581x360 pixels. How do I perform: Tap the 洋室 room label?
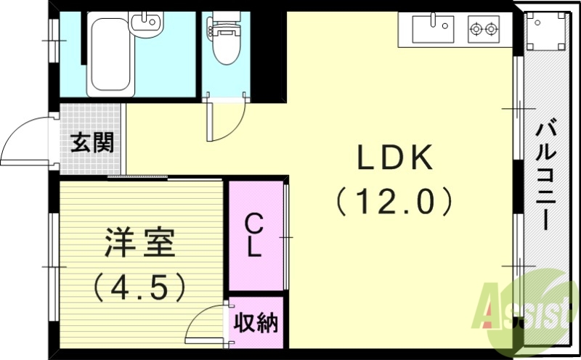[x=140, y=243]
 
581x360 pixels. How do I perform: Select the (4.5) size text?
[x=140, y=287]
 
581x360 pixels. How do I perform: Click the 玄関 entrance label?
[x=92, y=142]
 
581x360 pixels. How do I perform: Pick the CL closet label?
[x=253, y=234]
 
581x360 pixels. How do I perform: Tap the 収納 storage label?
[x=256, y=322]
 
